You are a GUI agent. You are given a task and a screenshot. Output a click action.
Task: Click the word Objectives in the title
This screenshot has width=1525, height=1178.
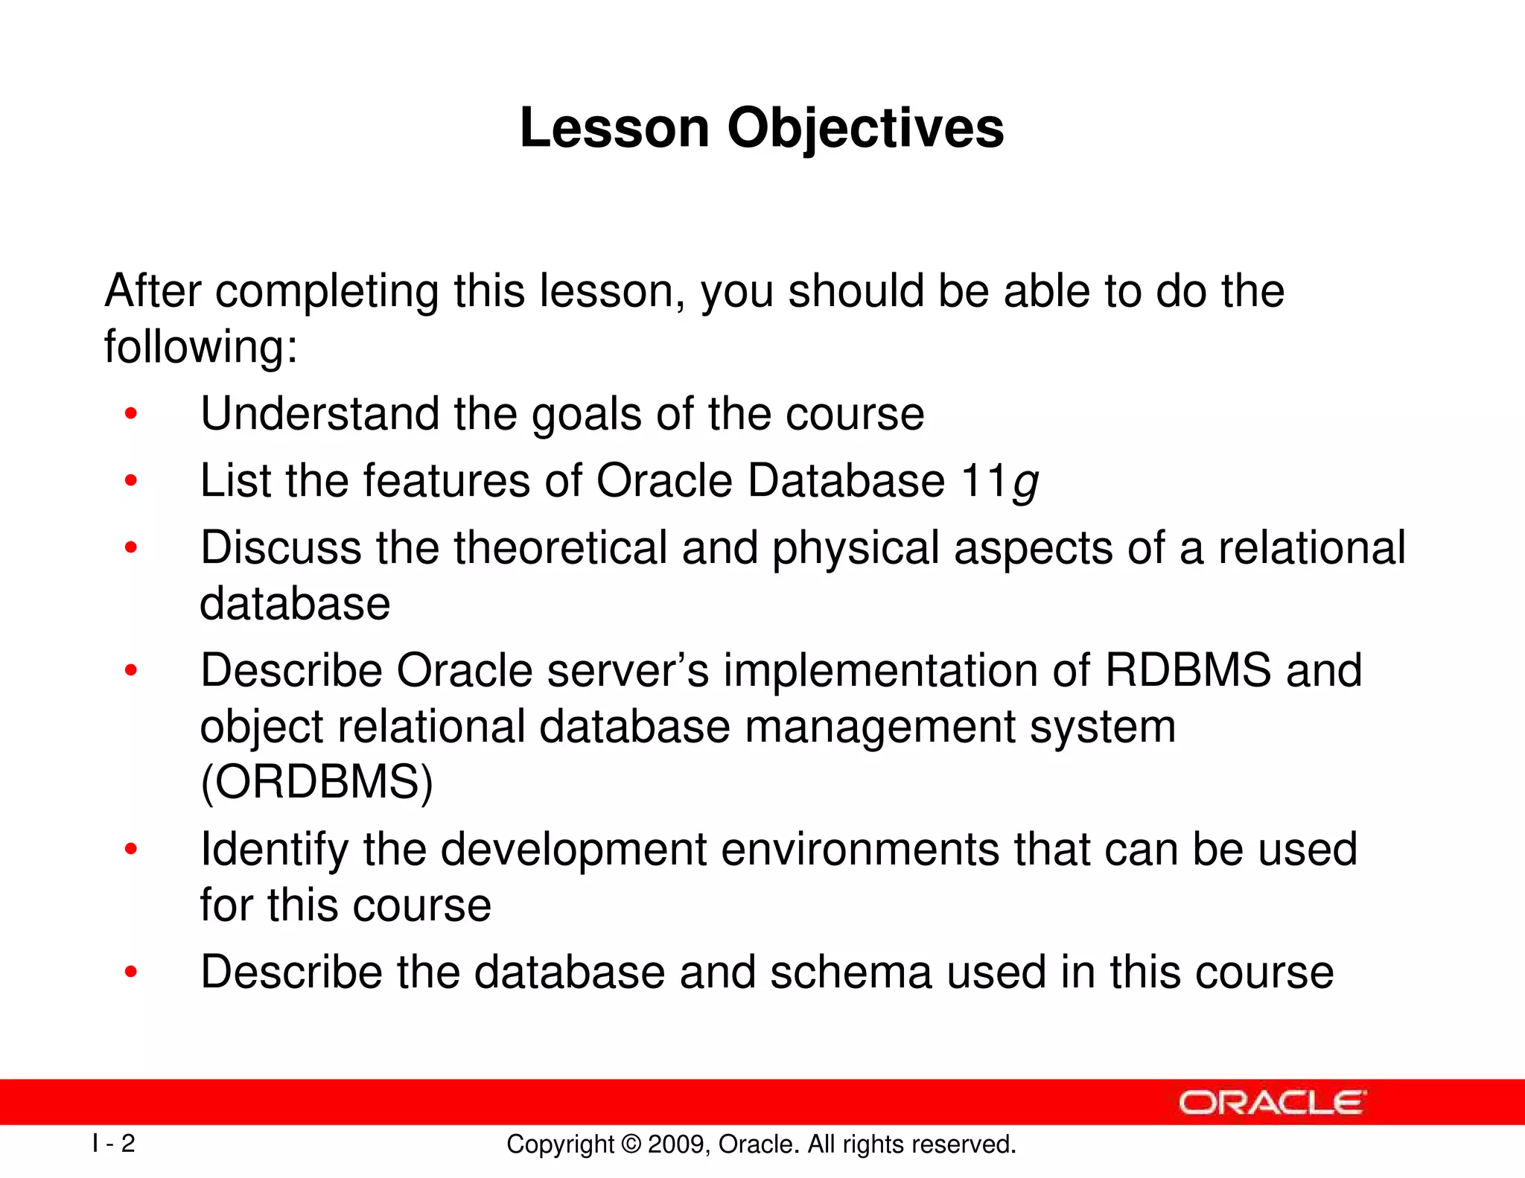(865, 128)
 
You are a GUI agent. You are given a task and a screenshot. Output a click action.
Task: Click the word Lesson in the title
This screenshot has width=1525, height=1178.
(614, 128)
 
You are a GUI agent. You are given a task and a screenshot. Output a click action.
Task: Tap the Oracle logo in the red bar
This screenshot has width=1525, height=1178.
(1271, 1102)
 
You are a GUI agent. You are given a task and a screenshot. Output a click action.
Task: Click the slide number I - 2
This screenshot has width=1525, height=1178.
(114, 1143)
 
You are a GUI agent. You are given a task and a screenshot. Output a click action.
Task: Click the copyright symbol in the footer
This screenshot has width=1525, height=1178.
(630, 1144)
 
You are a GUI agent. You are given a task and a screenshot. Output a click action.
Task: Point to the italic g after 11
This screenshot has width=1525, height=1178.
(1025, 482)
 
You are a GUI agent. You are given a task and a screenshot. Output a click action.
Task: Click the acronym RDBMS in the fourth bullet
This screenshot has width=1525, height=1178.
(1188, 670)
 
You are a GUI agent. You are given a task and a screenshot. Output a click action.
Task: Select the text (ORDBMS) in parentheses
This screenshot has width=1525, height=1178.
(316, 782)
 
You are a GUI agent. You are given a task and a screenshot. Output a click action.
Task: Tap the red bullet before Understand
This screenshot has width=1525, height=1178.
(131, 414)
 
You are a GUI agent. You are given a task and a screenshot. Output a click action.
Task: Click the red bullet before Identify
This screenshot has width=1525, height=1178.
(131, 849)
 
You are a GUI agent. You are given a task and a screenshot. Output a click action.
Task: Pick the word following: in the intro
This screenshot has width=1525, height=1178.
(200, 347)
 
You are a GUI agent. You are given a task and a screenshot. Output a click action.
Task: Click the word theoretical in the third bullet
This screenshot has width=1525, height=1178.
(560, 548)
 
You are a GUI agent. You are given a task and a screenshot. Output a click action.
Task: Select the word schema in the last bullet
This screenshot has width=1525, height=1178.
(850, 972)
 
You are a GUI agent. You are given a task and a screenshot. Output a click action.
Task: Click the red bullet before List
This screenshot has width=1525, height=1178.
(131, 481)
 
